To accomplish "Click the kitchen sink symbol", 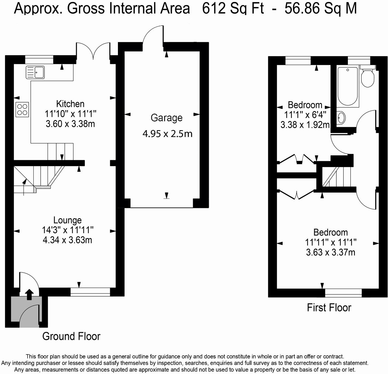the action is point(35,72).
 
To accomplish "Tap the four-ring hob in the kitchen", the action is point(22,109).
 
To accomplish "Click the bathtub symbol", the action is point(348,86).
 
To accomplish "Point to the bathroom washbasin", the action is point(341,118).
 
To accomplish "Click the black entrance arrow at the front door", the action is point(30,294).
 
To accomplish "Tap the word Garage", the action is point(166,118).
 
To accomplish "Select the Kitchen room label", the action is point(70,104).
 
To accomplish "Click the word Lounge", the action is point(67,220).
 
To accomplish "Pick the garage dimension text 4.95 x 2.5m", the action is point(168,134).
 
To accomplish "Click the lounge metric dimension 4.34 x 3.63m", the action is point(67,240).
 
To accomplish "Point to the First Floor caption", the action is point(329,307).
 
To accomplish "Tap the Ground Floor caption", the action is point(71,336).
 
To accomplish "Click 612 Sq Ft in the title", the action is point(233,9).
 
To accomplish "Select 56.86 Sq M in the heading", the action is point(321,9).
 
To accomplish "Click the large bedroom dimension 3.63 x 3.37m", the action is point(331,252).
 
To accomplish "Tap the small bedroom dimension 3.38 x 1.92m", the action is point(305,125).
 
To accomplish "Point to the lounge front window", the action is point(90,292).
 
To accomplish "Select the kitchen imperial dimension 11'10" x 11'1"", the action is point(70,114).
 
